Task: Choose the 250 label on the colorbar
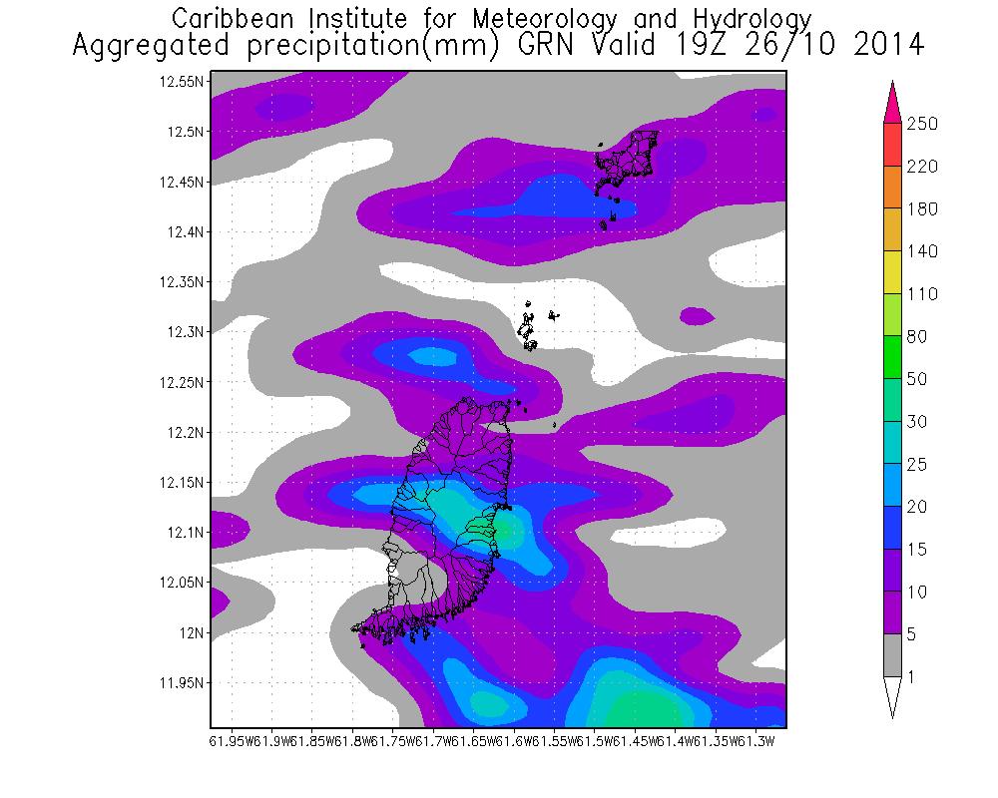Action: (x=922, y=124)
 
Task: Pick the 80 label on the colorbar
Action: (x=917, y=337)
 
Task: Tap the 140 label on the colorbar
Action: (x=922, y=252)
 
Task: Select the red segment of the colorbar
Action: (x=892, y=145)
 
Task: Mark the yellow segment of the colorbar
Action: (x=892, y=273)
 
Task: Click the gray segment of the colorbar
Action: (x=892, y=656)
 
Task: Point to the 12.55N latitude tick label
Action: (x=183, y=82)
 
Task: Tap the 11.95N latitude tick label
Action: (x=183, y=683)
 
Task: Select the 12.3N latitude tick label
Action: (x=186, y=332)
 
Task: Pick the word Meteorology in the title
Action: (x=559, y=18)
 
